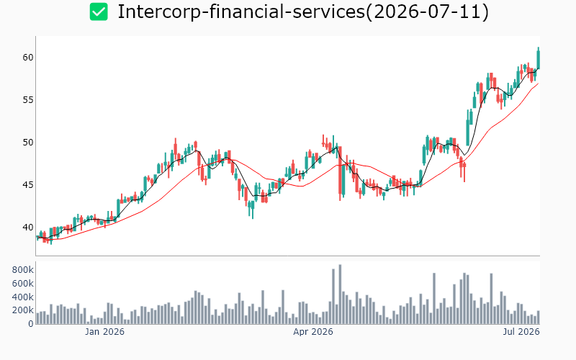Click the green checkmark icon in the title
(99, 12)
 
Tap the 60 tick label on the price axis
(28, 58)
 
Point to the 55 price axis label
(28, 100)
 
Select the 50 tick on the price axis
(28, 142)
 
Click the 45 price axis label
(28, 185)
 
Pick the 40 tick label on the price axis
(28, 228)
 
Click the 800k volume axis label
(23, 270)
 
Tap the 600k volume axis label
(23, 284)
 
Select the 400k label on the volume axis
(23, 297)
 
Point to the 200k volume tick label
(23, 310)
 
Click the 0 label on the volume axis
(31, 324)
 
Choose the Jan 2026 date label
(104, 332)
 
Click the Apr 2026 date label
(313, 332)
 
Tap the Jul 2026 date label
(521, 332)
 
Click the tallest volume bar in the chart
(340, 294)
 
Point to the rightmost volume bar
(539, 318)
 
